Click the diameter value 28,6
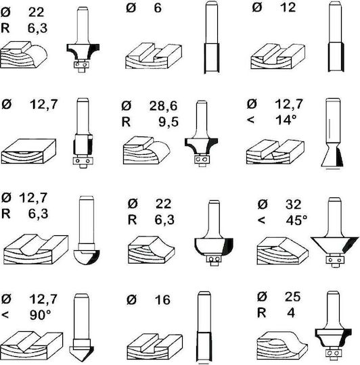click(x=163, y=106)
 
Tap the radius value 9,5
click(x=168, y=122)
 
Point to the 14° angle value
click(x=286, y=120)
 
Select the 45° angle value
click(x=296, y=220)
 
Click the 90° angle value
click(x=41, y=315)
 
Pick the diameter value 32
click(x=294, y=204)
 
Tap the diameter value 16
click(x=162, y=300)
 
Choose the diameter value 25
click(x=292, y=297)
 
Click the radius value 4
click(x=291, y=313)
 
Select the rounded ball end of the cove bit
click(x=87, y=258)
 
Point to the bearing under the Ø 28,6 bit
click(x=202, y=160)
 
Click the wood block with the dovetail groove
click(x=275, y=152)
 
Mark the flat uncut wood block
click(x=28, y=151)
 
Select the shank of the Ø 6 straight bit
click(x=212, y=22)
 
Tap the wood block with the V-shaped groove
click(x=32, y=345)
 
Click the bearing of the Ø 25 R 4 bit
click(x=334, y=353)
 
